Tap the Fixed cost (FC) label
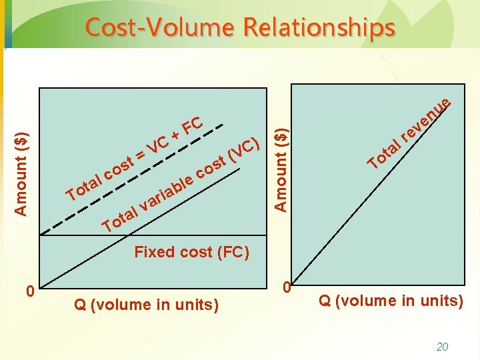(191, 252)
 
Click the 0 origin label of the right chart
(286, 288)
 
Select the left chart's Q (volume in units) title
(146, 305)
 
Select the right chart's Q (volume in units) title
(391, 301)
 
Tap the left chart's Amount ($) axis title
(22, 173)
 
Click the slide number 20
(441, 346)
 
